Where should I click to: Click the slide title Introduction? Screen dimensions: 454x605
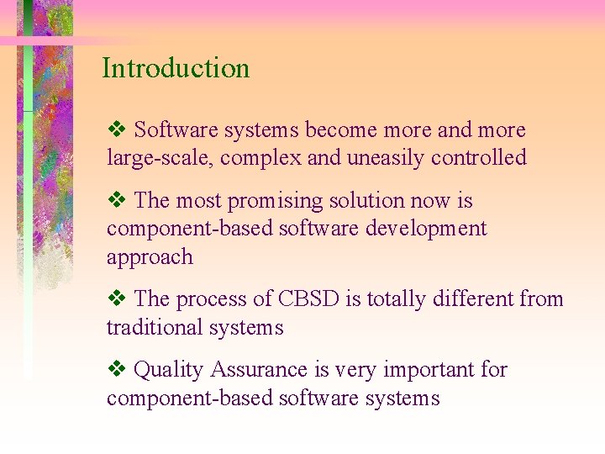pos(176,68)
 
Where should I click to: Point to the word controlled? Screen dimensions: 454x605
pos(480,157)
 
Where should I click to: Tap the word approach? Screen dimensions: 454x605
pos(150,258)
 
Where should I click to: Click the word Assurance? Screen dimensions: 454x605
pos(260,369)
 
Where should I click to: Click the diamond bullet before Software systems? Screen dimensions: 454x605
pos(117,130)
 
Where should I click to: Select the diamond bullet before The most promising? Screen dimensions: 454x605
pos(117,201)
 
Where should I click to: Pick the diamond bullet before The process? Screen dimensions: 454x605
pos(117,298)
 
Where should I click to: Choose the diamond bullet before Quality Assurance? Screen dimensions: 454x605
pos(117,369)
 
